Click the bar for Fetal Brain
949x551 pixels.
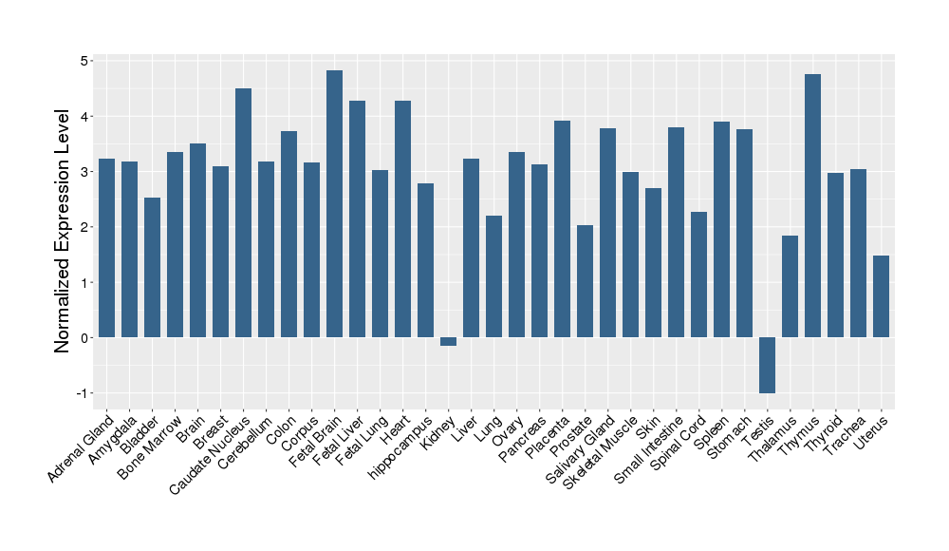tap(334, 204)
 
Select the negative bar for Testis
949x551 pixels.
tap(767, 366)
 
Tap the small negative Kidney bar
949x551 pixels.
tap(448, 342)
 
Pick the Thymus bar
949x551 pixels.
tap(812, 206)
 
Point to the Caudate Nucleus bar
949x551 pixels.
tap(243, 213)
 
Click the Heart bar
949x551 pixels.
tap(402, 219)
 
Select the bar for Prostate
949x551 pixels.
tap(585, 281)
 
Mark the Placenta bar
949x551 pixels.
tap(562, 229)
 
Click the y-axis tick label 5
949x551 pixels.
tap(84, 61)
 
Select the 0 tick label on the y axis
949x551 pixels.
tap(84, 338)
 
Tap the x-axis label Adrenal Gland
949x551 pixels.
tap(82, 445)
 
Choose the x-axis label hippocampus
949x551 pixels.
tap(398, 449)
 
